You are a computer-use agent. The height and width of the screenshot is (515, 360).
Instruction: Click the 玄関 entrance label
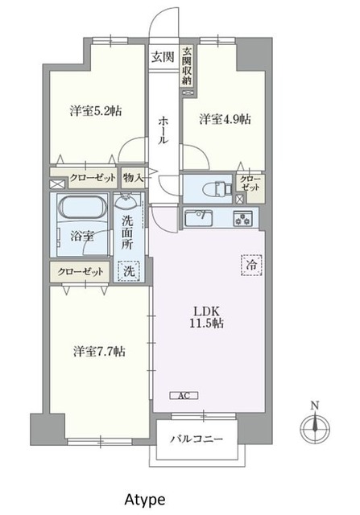pos(162,56)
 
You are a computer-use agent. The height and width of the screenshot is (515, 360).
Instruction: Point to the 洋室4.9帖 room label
pos(225,119)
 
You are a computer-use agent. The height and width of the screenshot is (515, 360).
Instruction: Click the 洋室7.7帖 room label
pos(98,351)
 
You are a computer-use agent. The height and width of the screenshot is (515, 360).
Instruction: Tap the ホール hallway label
pos(163,130)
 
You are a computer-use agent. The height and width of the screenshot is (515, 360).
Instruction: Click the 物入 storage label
pos(133,177)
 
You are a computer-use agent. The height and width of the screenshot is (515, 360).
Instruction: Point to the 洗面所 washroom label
pos(130,233)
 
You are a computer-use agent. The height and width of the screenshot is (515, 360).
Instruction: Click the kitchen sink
pos(199,217)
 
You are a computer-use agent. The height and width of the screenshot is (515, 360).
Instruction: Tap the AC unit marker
pos(182,394)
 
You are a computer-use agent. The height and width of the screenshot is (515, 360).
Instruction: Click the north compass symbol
pos(313,426)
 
